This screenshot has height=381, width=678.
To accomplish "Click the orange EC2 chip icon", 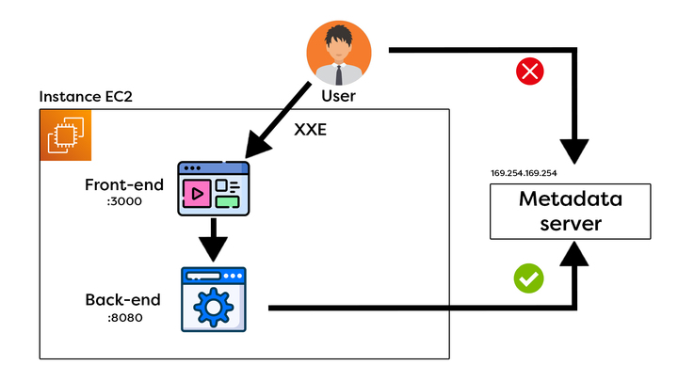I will pyautogui.click(x=66, y=135).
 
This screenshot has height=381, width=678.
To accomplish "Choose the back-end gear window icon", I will pyautogui.click(x=214, y=298).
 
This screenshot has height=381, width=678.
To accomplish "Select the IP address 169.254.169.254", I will pyautogui.click(x=525, y=173).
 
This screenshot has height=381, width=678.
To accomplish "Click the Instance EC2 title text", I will pyautogui.click(x=86, y=98).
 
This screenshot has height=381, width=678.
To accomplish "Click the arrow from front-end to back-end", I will pyautogui.click(x=214, y=239).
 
